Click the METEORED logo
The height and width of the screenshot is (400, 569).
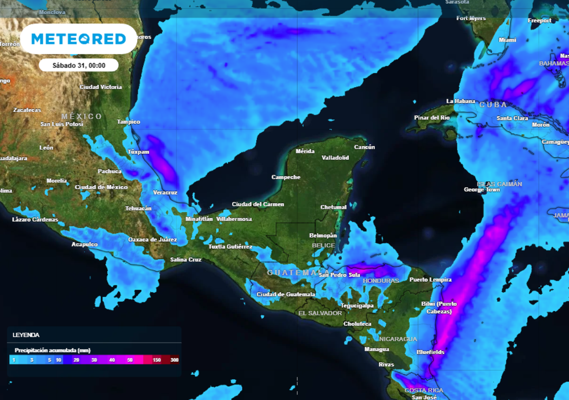(78, 39)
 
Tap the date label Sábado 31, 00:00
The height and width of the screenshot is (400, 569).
(78, 65)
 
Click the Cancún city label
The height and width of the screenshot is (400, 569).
(364, 147)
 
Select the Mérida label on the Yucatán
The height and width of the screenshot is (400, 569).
(305, 151)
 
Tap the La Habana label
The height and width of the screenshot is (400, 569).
(461, 101)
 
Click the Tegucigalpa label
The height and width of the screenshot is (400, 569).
(357, 306)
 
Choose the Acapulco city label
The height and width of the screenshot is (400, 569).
(84, 244)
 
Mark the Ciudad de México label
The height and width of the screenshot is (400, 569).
(101, 187)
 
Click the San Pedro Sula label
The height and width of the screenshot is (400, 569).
(340, 275)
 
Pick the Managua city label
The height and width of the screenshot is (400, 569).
(376, 349)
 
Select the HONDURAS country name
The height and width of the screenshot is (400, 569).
(381, 281)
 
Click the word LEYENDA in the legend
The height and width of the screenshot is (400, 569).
(26, 335)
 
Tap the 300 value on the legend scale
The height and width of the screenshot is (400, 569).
(174, 360)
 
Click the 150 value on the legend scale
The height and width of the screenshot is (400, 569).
(157, 360)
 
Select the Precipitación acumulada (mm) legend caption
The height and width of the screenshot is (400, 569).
(52, 351)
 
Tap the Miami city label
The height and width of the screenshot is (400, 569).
(507, 40)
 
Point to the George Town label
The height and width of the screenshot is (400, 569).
(482, 190)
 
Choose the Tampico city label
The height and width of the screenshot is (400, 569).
(128, 122)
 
